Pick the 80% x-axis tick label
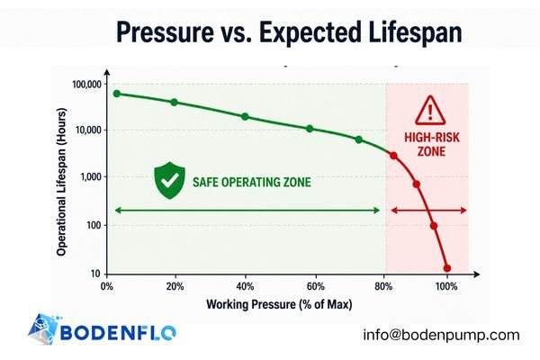pos(384,287)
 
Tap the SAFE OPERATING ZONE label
pos(251,182)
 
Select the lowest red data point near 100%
pos(447,268)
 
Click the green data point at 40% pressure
pos(245,117)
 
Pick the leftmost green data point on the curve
pos(116,94)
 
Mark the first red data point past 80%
pos(393,156)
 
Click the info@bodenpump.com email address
pos(441,335)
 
